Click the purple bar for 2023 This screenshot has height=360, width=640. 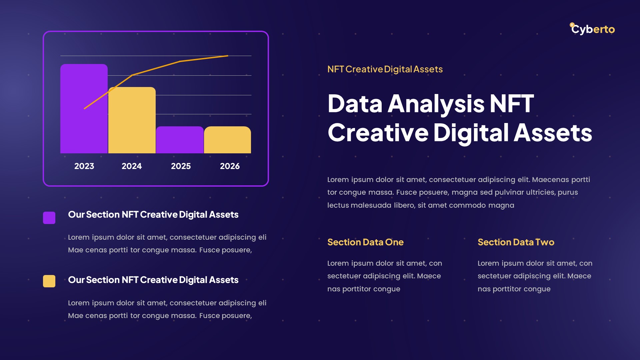pos(84,110)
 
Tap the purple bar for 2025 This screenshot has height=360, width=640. pos(180,140)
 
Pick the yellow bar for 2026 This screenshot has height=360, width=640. pos(227,140)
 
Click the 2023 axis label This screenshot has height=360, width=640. pos(84,166)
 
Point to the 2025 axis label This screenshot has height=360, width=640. pos(181,166)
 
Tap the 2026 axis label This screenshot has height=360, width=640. pos(230,166)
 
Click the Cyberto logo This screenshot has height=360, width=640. pos(592,29)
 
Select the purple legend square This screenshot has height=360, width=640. pos(49,218)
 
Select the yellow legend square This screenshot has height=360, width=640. pos(49,281)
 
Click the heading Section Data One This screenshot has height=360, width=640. pos(365,242)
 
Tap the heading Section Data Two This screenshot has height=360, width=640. pos(516,242)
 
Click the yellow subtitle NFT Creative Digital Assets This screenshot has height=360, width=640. pos(385,69)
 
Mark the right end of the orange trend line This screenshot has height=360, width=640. pos(228,56)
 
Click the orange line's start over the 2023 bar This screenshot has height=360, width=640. pos(85,108)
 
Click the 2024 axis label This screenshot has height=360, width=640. pos(132,166)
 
